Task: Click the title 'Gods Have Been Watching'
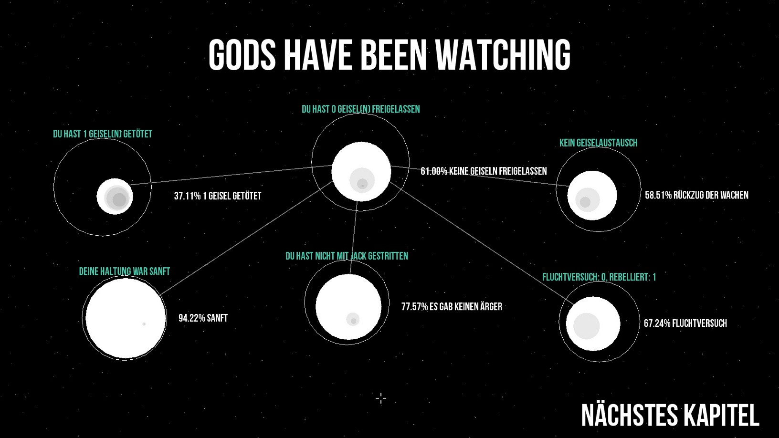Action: [x=389, y=55]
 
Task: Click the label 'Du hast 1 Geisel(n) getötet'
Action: [x=103, y=134]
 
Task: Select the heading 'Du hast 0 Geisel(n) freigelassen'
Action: [x=361, y=109]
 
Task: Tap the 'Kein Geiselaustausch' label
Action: [x=598, y=143]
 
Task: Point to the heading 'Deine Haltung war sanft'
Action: [x=125, y=271]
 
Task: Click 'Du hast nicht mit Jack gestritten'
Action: [x=347, y=256]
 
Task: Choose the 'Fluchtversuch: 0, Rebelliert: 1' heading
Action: [x=599, y=277]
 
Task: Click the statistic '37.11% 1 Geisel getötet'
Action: [x=218, y=196]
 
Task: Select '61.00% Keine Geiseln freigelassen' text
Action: [x=484, y=171]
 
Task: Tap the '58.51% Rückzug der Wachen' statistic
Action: [x=696, y=195]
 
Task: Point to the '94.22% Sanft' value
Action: [x=203, y=318]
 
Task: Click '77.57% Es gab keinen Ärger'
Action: [x=452, y=307]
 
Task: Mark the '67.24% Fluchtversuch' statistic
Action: [x=685, y=323]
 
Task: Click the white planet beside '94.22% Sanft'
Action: [x=126, y=318]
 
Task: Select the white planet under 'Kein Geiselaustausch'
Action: [x=592, y=195]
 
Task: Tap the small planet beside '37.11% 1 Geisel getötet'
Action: [x=115, y=197]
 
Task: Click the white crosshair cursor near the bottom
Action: [x=381, y=398]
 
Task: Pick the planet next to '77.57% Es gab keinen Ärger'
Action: [x=348, y=307]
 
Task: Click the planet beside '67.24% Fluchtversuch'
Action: [x=593, y=323]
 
